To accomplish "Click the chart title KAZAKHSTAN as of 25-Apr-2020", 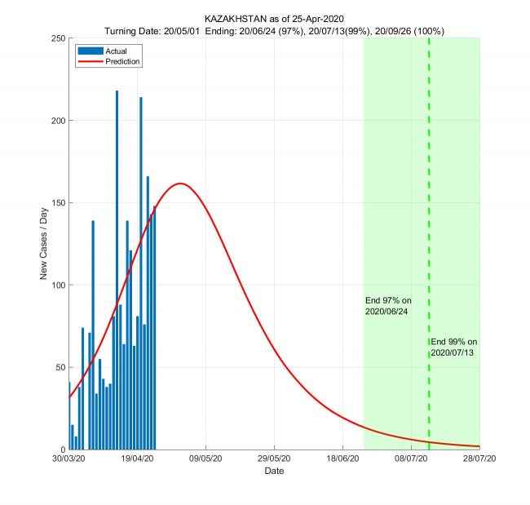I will (274, 18).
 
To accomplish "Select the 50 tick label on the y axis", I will (60, 368).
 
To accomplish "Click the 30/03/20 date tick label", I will (69, 459).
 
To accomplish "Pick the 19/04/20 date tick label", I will (138, 459).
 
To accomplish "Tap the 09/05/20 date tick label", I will (206, 459).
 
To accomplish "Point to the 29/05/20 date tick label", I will (275, 459).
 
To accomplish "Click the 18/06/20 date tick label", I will (343, 459).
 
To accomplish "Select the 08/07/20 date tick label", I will (412, 459).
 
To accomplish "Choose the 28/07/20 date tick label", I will (479, 459).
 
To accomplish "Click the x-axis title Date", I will (274, 472).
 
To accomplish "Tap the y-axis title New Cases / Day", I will (44, 244).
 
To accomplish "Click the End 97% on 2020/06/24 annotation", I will (386, 306).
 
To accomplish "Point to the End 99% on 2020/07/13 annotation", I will (454, 347).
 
